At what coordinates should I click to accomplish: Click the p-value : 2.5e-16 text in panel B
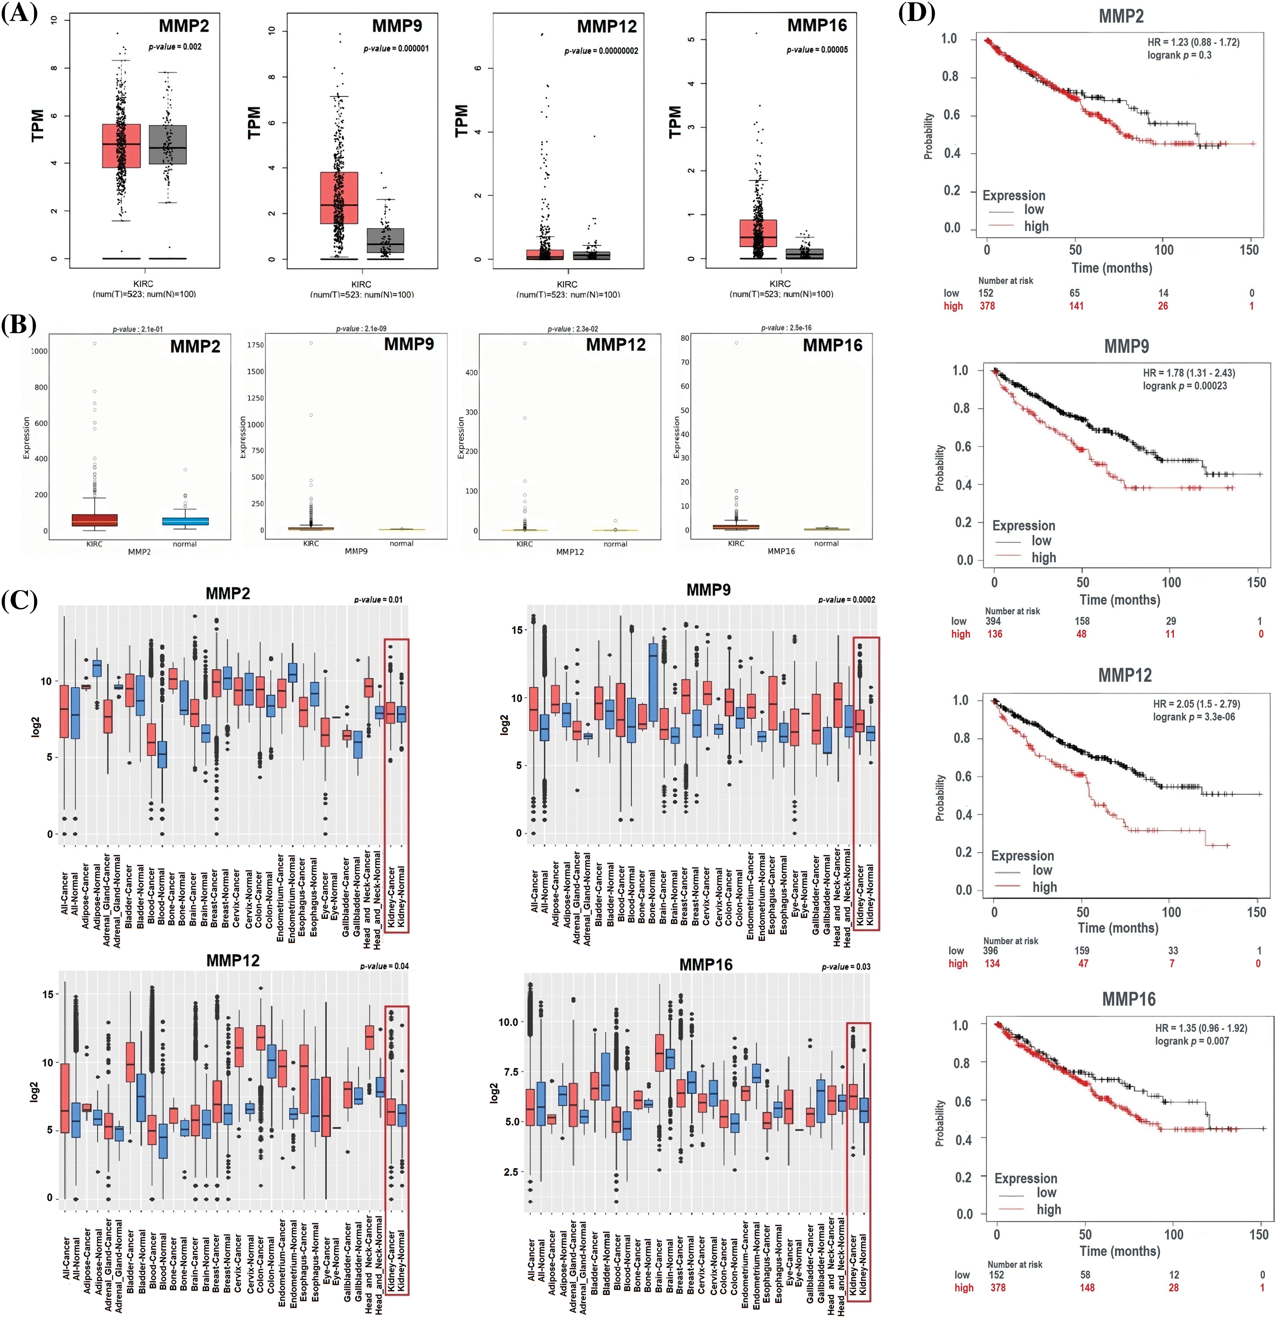pyautogui.click(x=786, y=328)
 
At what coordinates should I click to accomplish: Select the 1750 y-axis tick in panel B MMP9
pyautogui.click(x=256, y=345)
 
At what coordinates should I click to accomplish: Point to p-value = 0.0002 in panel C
pyautogui.click(x=846, y=600)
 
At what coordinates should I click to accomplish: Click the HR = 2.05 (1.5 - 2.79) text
pyautogui.click(x=1196, y=704)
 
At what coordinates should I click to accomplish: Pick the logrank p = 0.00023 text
pyautogui.click(x=1184, y=386)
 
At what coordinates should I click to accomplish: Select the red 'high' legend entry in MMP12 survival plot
pyautogui.click(x=1044, y=887)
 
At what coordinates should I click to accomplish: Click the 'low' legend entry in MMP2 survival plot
pyautogui.click(x=1033, y=209)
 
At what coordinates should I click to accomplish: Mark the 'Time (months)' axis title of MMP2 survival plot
pyautogui.click(x=1111, y=268)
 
